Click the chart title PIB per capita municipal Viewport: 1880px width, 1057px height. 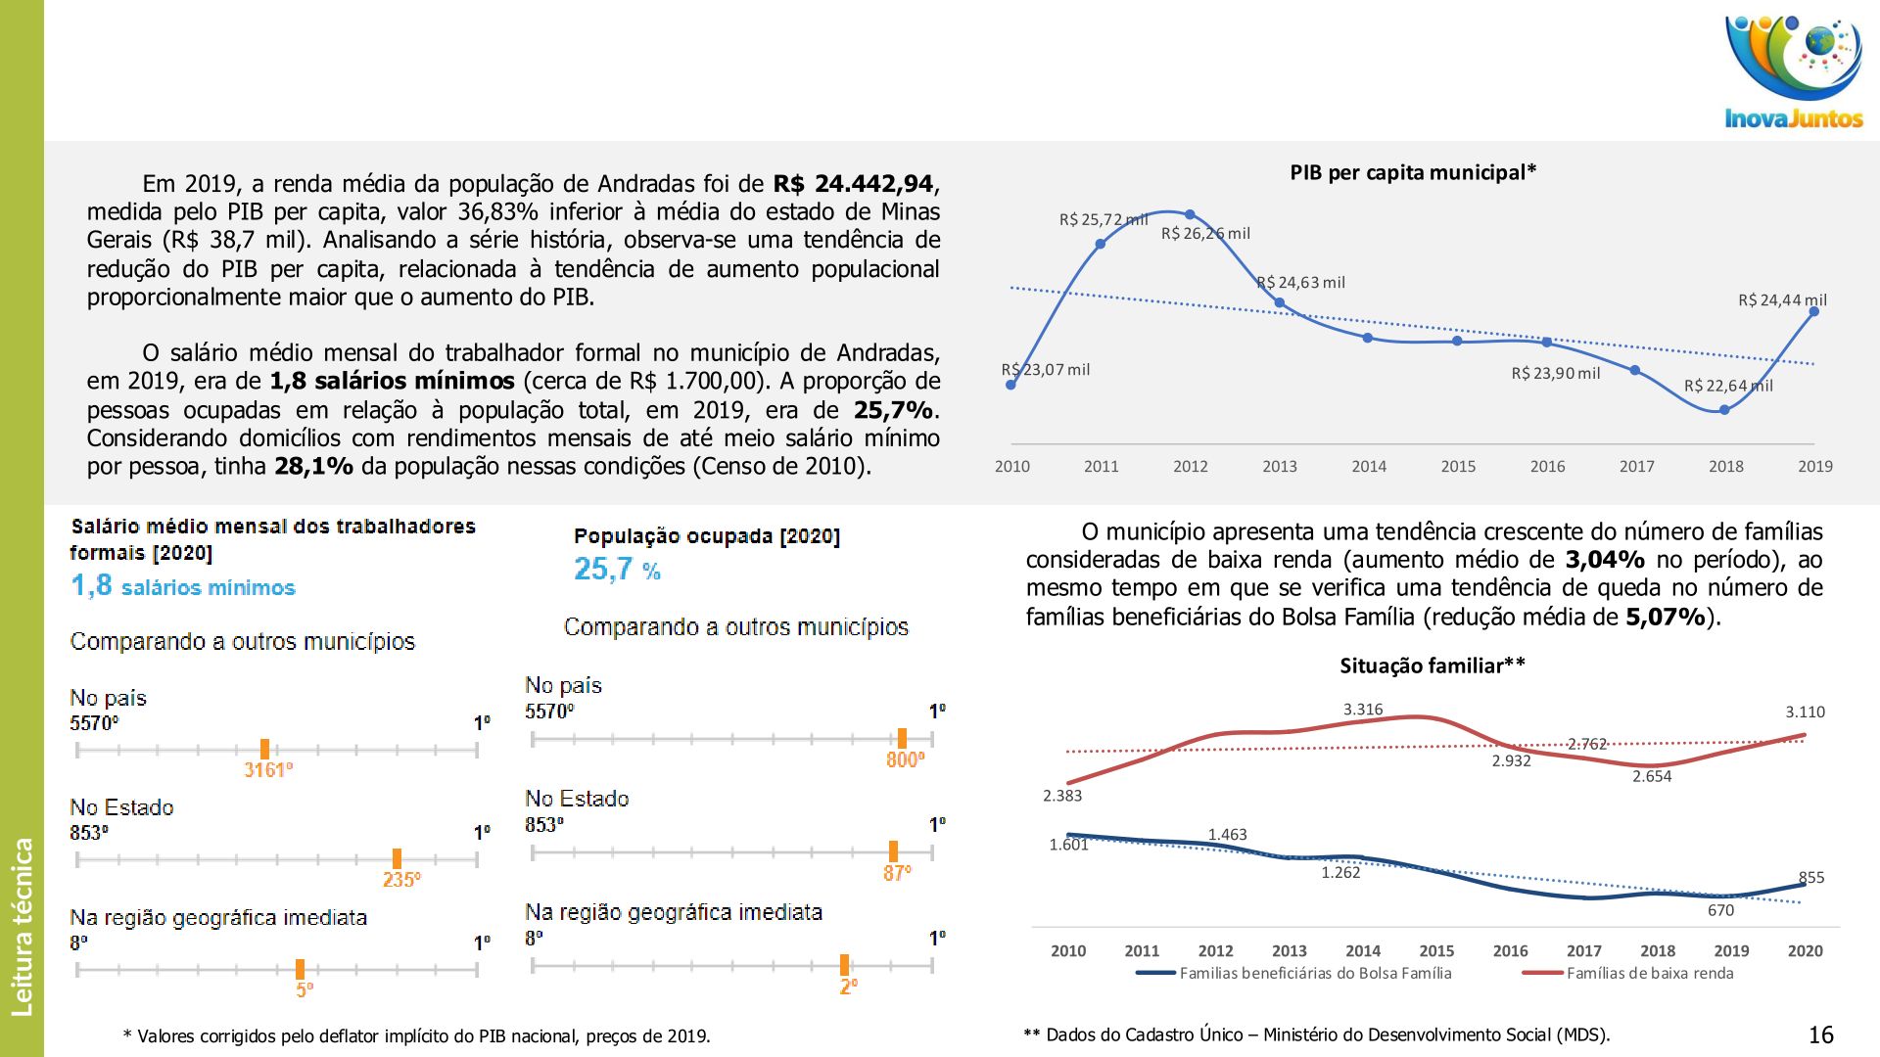point(1412,173)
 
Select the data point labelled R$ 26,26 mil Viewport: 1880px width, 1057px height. point(1190,214)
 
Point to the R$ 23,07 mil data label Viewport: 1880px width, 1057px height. point(1046,370)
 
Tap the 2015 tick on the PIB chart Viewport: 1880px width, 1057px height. point(1458,467)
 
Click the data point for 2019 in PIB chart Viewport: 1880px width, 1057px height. point(1814,311)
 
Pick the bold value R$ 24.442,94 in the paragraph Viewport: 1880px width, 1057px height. point(854,184)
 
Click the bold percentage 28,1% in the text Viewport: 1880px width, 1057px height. point(313,467)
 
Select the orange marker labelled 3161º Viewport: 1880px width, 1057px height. point(264,750)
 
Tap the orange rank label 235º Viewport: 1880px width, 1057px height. point(401,880)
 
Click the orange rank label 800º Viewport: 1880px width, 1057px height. point(905,760)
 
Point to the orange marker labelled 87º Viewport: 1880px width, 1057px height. point(893,851)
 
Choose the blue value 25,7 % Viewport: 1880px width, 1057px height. point(617,570)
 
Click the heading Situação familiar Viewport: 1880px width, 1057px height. point(1432,666)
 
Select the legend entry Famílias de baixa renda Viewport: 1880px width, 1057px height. point(1649,974)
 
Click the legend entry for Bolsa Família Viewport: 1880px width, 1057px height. point(1314,974)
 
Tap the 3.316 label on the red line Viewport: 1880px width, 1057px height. point(1363,710)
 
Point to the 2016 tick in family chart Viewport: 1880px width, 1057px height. point(1510,951)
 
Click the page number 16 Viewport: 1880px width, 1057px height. point(1820,1035)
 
